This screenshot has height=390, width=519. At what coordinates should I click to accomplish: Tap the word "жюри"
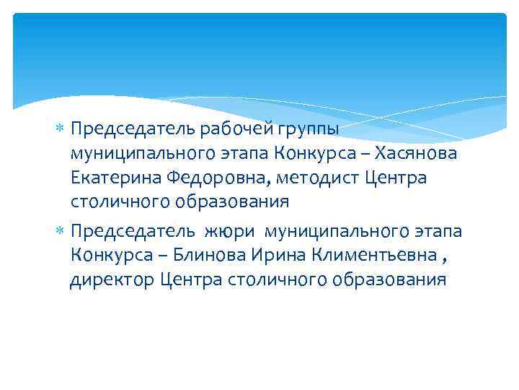pos(231,232)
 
